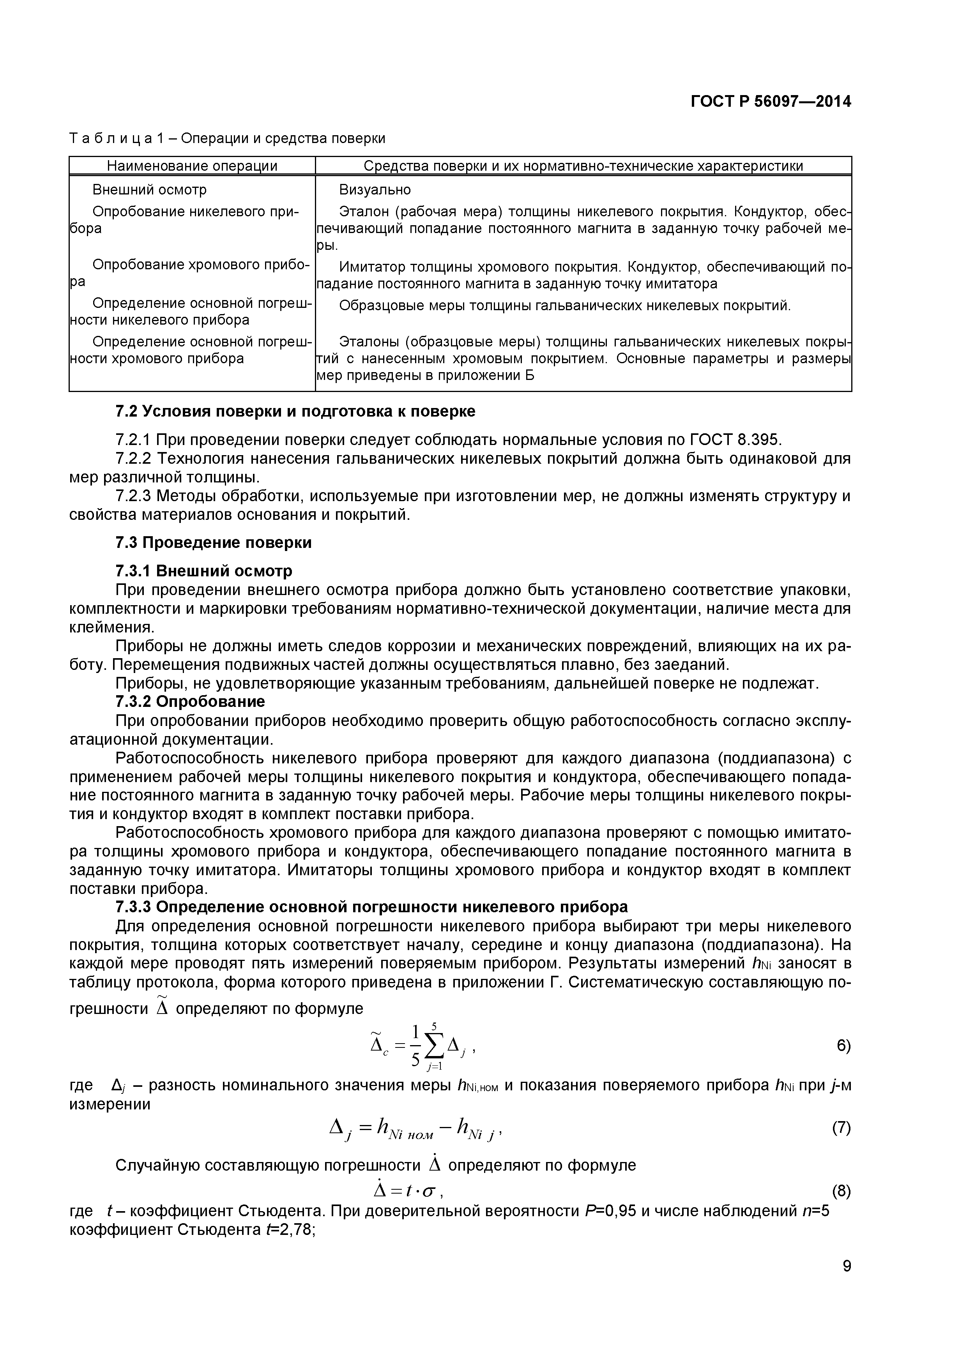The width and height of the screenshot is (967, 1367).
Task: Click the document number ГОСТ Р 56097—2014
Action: [771, 102]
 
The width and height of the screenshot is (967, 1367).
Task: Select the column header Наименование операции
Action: [192, 166]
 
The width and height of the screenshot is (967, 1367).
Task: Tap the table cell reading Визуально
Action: [375, 190]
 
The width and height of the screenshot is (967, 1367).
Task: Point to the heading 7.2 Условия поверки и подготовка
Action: [295, 412]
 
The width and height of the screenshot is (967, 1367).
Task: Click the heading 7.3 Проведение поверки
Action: [213, 542]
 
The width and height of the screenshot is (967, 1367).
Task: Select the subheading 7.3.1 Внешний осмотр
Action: [203, 571]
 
